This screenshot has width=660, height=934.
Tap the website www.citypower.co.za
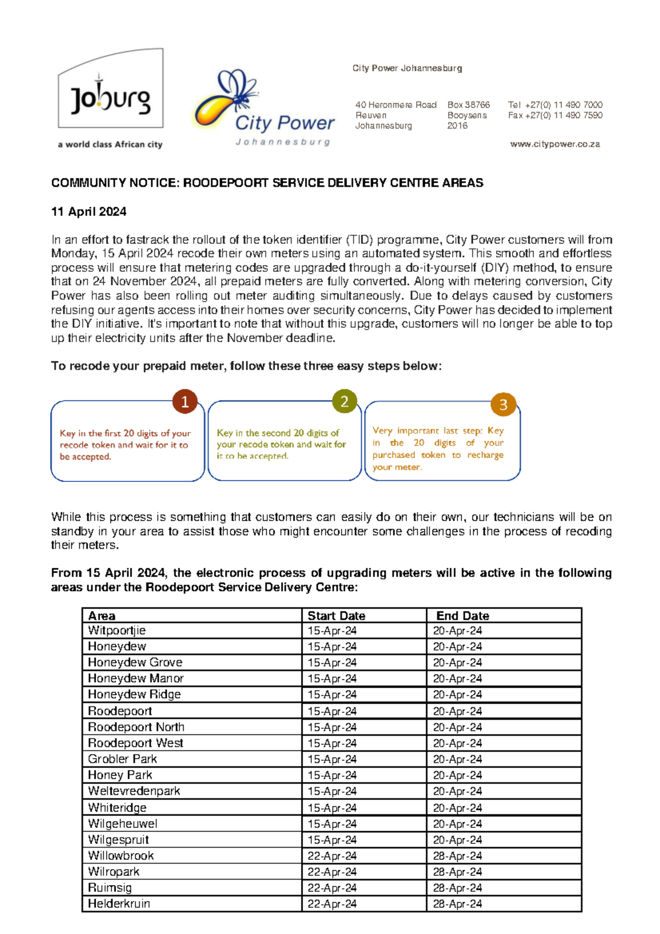[x=554, y=144]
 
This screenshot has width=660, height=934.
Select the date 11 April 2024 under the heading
[x=89, y=212]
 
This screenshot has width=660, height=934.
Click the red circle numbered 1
[x=185, y=402]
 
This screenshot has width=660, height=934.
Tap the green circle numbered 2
[x=344, y=401]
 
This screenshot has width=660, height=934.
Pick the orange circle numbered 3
[x=503, y=405]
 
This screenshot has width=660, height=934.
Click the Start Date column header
[x=336, y=616]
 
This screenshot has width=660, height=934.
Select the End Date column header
[x=462, y=616]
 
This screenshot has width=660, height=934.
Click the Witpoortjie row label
[x=117, y=630]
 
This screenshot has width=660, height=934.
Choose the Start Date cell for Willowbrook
[x=332, y=856]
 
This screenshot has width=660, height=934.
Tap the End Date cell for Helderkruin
[x=457, y=904]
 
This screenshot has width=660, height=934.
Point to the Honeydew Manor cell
[x=135, y=678]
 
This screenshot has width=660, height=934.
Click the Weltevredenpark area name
[x=134, y=791]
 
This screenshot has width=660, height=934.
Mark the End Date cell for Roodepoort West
[x=457, y=743]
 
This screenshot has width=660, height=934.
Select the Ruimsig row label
[x=109, y=888]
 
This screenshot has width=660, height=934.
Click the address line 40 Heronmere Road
[x=395, y=105]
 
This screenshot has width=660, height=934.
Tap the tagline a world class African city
[x=110, y=145]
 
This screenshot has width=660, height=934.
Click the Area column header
[x=102, y=616]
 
